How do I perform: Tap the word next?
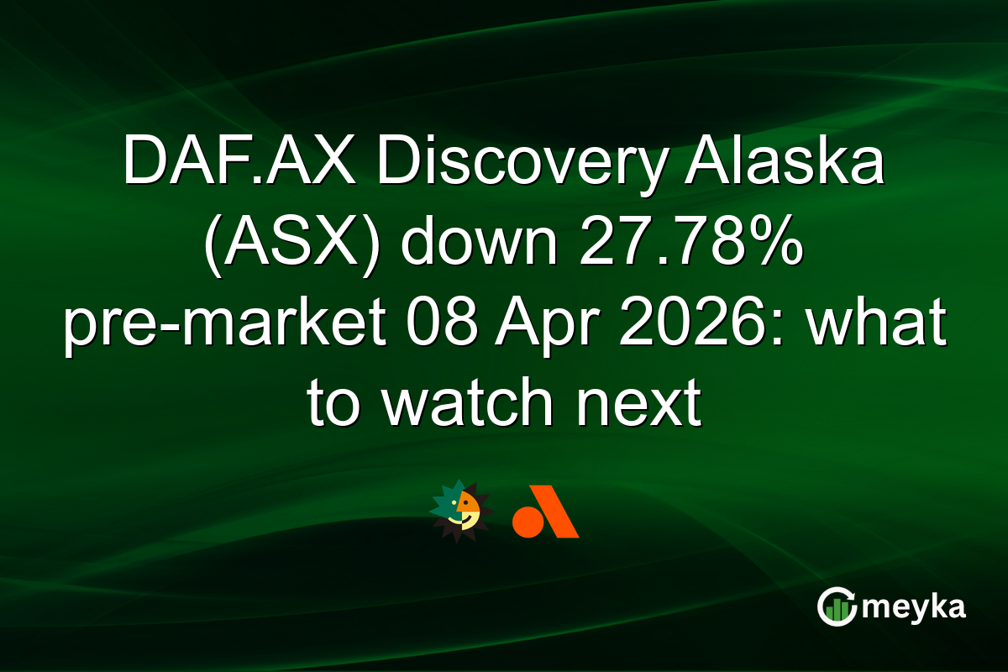click(636, 406)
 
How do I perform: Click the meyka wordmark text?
click(913, 606)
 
